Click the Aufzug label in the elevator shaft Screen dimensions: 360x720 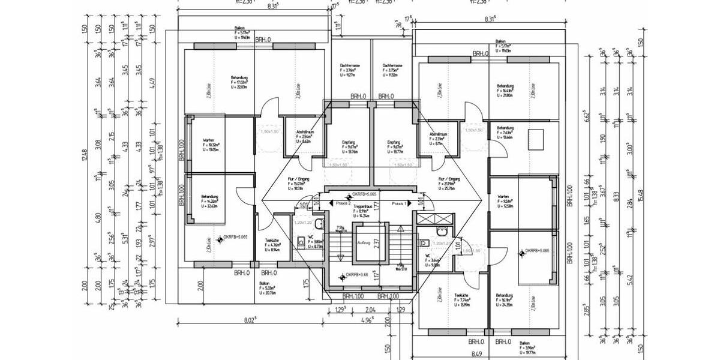(x=364, y=242)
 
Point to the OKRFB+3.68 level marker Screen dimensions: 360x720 (x=356, y=277)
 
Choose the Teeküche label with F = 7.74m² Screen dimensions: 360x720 (x=461, y=296)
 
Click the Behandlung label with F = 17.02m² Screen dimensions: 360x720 (x=239, y=77)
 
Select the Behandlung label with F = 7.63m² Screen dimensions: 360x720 (x=505, y=128)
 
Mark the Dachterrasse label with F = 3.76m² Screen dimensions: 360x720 (x=349, y=65)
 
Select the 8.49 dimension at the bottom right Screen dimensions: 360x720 (x=477, y=354)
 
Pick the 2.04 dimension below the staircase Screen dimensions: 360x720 (x=370, y=309)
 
